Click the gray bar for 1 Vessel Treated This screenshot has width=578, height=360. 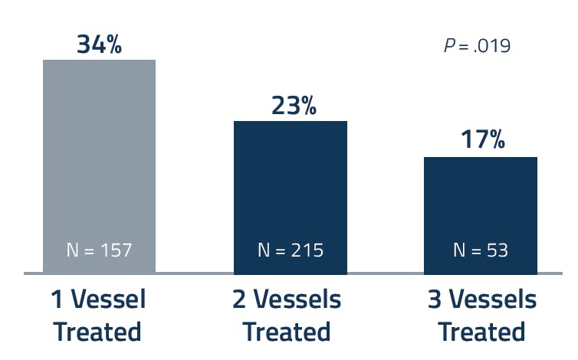coord(99,153)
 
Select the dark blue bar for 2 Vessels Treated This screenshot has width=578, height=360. coord(290,184)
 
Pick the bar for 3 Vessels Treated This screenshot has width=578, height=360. coord(481,203)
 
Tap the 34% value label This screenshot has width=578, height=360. coord(99,44)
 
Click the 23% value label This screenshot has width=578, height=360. coord(294,106)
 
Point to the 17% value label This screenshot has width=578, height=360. coord(483,140)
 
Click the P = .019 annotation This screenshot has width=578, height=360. coord(477,46)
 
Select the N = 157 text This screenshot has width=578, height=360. coord(99,250)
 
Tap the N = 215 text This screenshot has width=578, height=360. coord(290,250)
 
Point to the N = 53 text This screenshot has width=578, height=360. coord(481,250)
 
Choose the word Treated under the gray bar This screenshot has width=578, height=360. coord(98,332)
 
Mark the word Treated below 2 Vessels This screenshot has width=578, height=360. coord(287,332)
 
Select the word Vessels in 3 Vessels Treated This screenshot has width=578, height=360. coord(493,299)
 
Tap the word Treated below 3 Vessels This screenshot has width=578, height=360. coord(481,332)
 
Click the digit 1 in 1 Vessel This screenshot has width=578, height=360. coord(58,299)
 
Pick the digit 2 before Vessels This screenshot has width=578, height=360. coord(240,299)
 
